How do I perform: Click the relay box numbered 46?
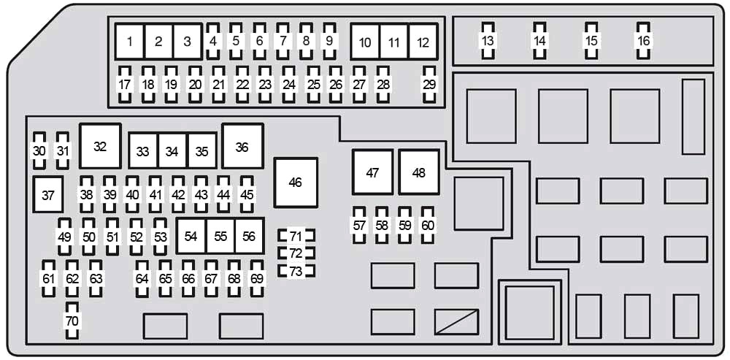(296, 183)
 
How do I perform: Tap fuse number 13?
(488, 41)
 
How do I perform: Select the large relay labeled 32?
(100, 146)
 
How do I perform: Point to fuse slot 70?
(72, 321)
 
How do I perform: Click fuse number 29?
(429, 85)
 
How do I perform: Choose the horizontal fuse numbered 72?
(296, 253)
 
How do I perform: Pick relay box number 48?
(419, 172)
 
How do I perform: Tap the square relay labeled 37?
(48, 195)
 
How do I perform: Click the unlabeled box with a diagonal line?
(456, 322)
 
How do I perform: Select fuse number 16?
(643, 41)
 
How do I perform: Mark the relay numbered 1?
(129, 42)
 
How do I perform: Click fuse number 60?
(428, 226)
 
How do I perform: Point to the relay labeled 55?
(220, 236)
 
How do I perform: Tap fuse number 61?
(49, 279)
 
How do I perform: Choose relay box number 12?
(423, 42)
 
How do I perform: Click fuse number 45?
(247, 195)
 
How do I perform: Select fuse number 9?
(329, 41)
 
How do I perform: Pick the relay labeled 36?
(242, 146)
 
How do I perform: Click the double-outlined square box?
(530, 312)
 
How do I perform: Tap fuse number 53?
(160, 237)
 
